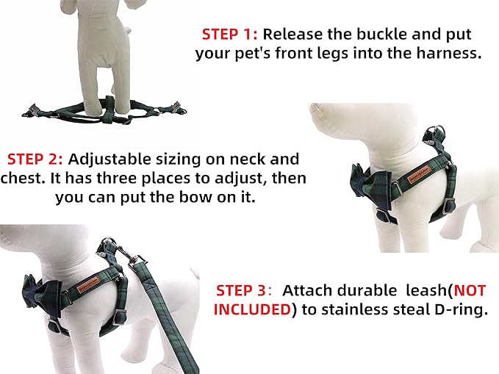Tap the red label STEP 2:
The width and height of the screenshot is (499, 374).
(36, 159)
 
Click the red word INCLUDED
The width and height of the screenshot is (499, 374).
(251, 309)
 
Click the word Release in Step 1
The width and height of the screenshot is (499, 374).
(291, 35)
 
